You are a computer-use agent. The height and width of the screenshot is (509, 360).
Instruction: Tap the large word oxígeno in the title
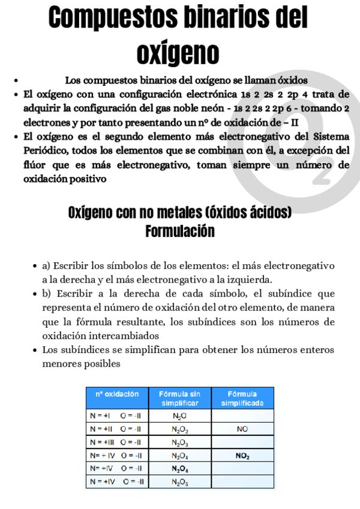(178, 53)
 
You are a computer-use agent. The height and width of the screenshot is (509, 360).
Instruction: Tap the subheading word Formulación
(180, 231)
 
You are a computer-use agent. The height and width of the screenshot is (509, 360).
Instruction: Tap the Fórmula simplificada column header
(242, 398)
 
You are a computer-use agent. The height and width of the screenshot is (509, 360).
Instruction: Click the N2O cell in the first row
(179, 415)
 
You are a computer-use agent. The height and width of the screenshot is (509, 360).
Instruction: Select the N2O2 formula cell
(179, 429)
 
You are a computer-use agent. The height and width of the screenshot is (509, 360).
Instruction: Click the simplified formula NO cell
(242, 429)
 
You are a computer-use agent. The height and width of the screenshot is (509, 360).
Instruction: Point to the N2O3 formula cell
(179, 443)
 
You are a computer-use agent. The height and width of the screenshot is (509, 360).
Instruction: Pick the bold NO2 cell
(242, 456)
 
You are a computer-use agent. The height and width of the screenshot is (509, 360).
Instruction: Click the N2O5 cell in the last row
(179, 481)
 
